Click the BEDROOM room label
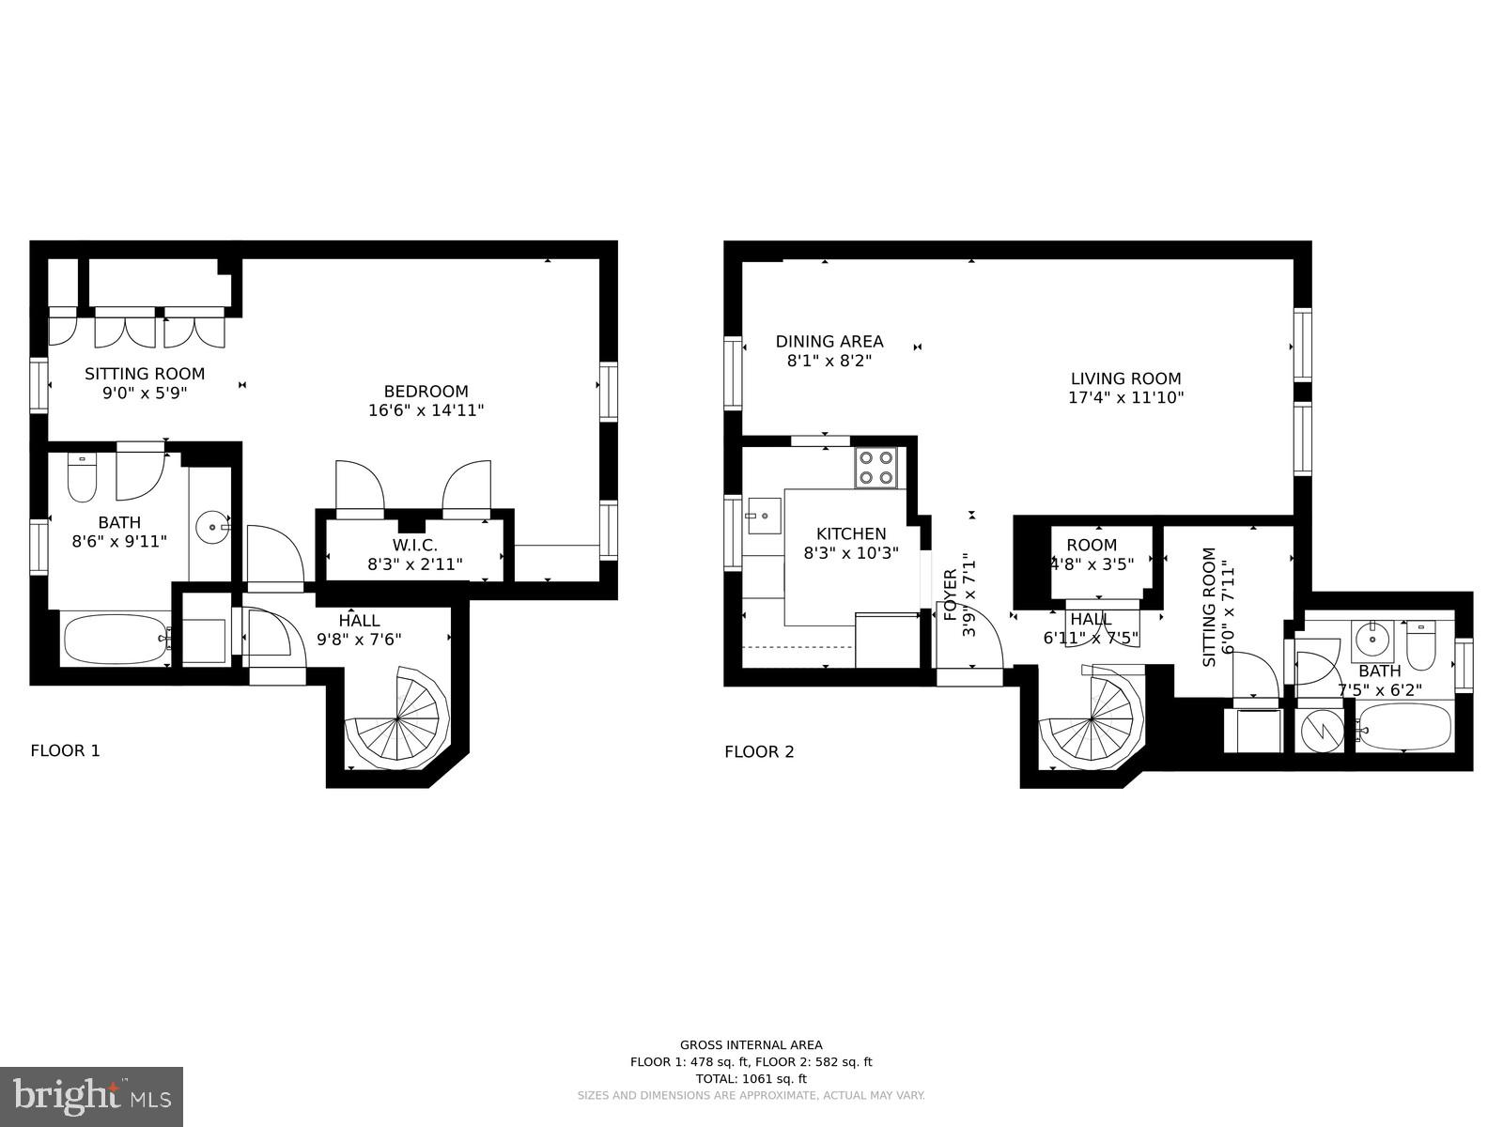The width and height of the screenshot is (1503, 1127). click(426, 392)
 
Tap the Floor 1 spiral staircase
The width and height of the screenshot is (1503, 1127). click(398, 718)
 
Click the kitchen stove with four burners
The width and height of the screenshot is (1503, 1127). click(875, 467)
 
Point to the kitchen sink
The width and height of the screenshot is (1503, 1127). click(765, 515)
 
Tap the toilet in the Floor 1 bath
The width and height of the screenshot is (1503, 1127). click(82, 479)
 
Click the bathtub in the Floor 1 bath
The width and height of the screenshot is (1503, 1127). click(116, 639)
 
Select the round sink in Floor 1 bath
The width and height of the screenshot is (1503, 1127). click(213, 527)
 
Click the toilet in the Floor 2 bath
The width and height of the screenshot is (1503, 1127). click(1421, 645)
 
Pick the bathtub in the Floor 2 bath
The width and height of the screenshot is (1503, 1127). click(1404, 728)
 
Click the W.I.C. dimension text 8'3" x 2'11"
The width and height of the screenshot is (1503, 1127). click(414, 564)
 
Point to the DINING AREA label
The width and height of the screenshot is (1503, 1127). click(829, 342)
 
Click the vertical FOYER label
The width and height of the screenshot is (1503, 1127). click(950, 594)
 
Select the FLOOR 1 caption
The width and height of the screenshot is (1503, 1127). click(65, 750)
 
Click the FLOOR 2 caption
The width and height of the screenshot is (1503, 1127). click(759, 751)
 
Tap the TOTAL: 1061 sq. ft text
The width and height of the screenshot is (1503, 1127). click(751, 1079)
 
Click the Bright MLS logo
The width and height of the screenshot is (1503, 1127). click(91, 1096)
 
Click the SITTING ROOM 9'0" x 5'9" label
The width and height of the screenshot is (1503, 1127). click(145, 382)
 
